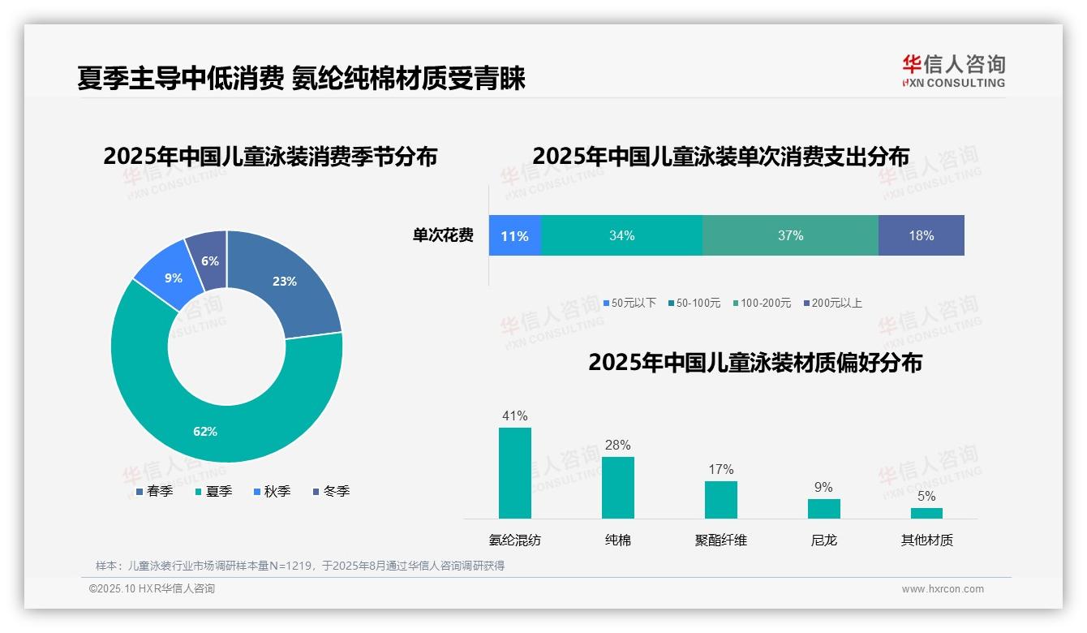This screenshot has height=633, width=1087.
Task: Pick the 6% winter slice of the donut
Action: [x=208, y=260]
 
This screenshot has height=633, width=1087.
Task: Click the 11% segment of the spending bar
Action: [x=514, y=235]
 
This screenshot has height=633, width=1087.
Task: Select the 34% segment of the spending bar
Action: [x=621, y=235]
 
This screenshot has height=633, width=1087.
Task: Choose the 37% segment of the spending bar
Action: [x=790, y=235]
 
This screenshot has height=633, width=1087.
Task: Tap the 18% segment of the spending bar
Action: [x=921, y=235]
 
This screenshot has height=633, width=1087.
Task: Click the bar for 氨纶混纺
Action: [x=514, y=473]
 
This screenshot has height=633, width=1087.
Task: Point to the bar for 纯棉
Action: [x=617, y=488]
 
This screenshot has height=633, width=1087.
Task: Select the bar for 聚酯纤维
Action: [x=720, y=500]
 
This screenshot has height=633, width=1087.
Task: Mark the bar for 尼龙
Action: [x=823, y=509]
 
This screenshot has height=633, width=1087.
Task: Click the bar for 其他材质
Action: [x=926, y=513]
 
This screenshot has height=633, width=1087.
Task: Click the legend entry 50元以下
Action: [x=629, y=304]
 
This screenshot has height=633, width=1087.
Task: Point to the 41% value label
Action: [x=514, y=416]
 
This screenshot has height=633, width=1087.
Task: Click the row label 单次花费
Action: [x=443, y=235]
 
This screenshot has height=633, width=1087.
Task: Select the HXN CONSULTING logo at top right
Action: [x=953, y=71]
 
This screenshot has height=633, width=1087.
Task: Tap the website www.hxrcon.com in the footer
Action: [x=943, y=589]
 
